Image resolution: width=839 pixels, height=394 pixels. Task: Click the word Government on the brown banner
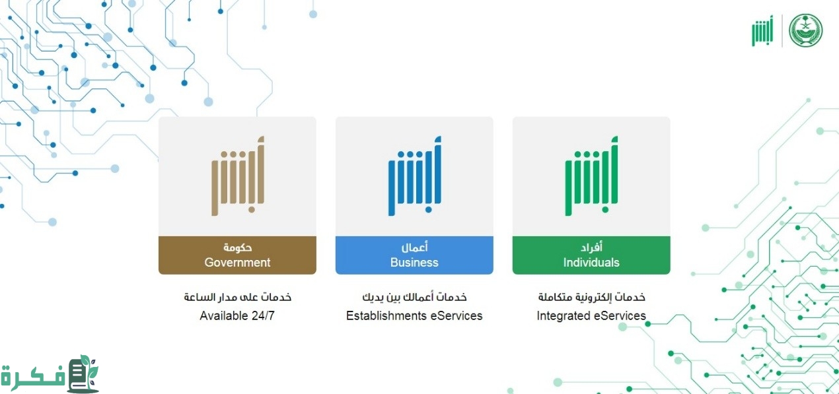pyautogui.click(x=237, y=262)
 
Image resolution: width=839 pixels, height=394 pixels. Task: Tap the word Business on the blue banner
pyautogui.click(x=414, y=262)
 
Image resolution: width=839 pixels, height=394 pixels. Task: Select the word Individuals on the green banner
pyautogui.click(x=591, y=262)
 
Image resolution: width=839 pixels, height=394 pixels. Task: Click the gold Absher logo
pyautogui.click(x=238, y=176)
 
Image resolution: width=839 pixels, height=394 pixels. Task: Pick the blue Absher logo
pyautogui.click(x=415, y=176)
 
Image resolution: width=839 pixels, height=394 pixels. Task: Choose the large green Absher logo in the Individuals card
pyautogui.click(x=591, y=176)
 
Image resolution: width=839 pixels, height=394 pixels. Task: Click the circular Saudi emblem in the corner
pyautogui.click(x=806, y=30)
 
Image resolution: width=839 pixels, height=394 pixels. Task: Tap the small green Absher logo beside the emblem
pyautogui.click(x=762, y=30)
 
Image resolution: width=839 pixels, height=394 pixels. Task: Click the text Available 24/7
pyautogui.click(x=237, y=315)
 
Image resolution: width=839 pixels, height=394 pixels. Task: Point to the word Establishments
pyautogui.click(x=386, y=315)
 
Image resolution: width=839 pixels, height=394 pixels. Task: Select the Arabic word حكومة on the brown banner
pyautogui.click(x=237, y=247)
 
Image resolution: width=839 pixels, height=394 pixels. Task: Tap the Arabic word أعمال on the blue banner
pyautogui.click(x=414, y=247)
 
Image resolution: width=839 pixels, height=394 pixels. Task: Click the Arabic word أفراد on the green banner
pyautogui.click(x=591, y=247)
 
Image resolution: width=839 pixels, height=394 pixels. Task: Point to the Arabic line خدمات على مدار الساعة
pyautogui.click(x=237, y=297)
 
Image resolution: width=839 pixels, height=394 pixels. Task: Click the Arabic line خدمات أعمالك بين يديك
pyautogui.click(x=414, y=297)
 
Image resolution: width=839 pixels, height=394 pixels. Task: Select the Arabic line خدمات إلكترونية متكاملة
pyautogui.click(x=591, y=297)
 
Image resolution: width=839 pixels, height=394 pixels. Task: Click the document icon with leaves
pyautogui.click(x=83, y=374)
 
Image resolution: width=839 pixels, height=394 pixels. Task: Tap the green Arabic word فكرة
pyautogui.click(x=33, y=376)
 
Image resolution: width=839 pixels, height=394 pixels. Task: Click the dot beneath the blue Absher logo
pyautogui.click(x=428, y=209)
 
